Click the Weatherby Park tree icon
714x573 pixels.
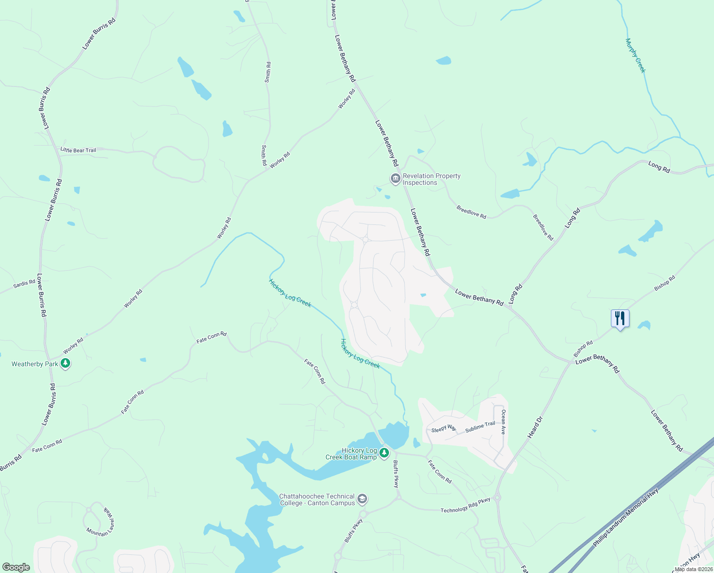[66, 364]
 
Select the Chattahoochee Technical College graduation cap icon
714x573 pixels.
[362, 499]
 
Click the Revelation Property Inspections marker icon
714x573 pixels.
[395, 179]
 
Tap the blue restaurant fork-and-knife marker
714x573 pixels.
[620, 318]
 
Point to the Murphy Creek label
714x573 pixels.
[635, 55]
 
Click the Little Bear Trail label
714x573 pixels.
[78, 150]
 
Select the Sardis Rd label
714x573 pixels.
[24, 284]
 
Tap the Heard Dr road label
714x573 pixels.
[535, 427]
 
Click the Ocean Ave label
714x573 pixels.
[503, 422]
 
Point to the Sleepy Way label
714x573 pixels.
[444, 428]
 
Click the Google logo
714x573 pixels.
[16, 567]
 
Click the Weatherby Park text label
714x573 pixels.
[34, 364]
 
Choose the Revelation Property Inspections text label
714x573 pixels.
[431, 179]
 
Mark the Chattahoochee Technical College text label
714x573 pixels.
[317, 499]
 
